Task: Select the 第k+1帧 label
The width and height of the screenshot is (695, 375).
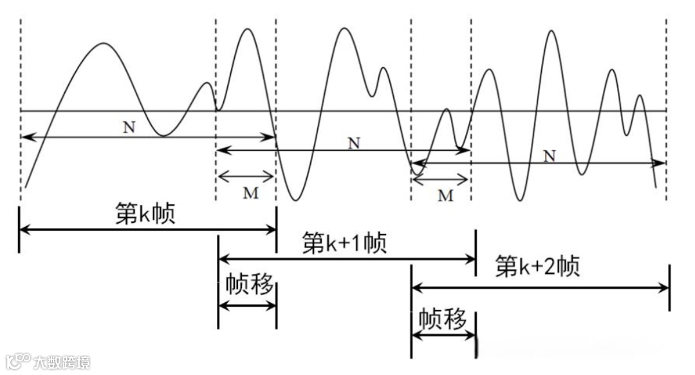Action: point(344,244)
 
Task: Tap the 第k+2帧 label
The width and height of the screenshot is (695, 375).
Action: point(538,265)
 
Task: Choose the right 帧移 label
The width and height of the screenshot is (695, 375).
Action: point(443,319)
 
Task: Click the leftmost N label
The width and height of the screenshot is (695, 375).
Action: point(129,127)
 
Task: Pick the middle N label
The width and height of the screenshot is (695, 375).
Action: point(353,143)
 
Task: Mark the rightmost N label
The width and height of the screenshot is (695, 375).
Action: point(548,155)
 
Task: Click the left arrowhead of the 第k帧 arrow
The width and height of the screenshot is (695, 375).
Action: point(24,229)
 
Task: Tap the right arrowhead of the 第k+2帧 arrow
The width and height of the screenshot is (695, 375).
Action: point(664,287)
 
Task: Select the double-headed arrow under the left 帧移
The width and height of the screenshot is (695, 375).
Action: point(247,305)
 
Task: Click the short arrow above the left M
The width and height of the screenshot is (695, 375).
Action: point(246,175)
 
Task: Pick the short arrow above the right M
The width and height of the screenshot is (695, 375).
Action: point(440,178)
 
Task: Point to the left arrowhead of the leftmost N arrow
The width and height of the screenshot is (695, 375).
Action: point(26,137)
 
